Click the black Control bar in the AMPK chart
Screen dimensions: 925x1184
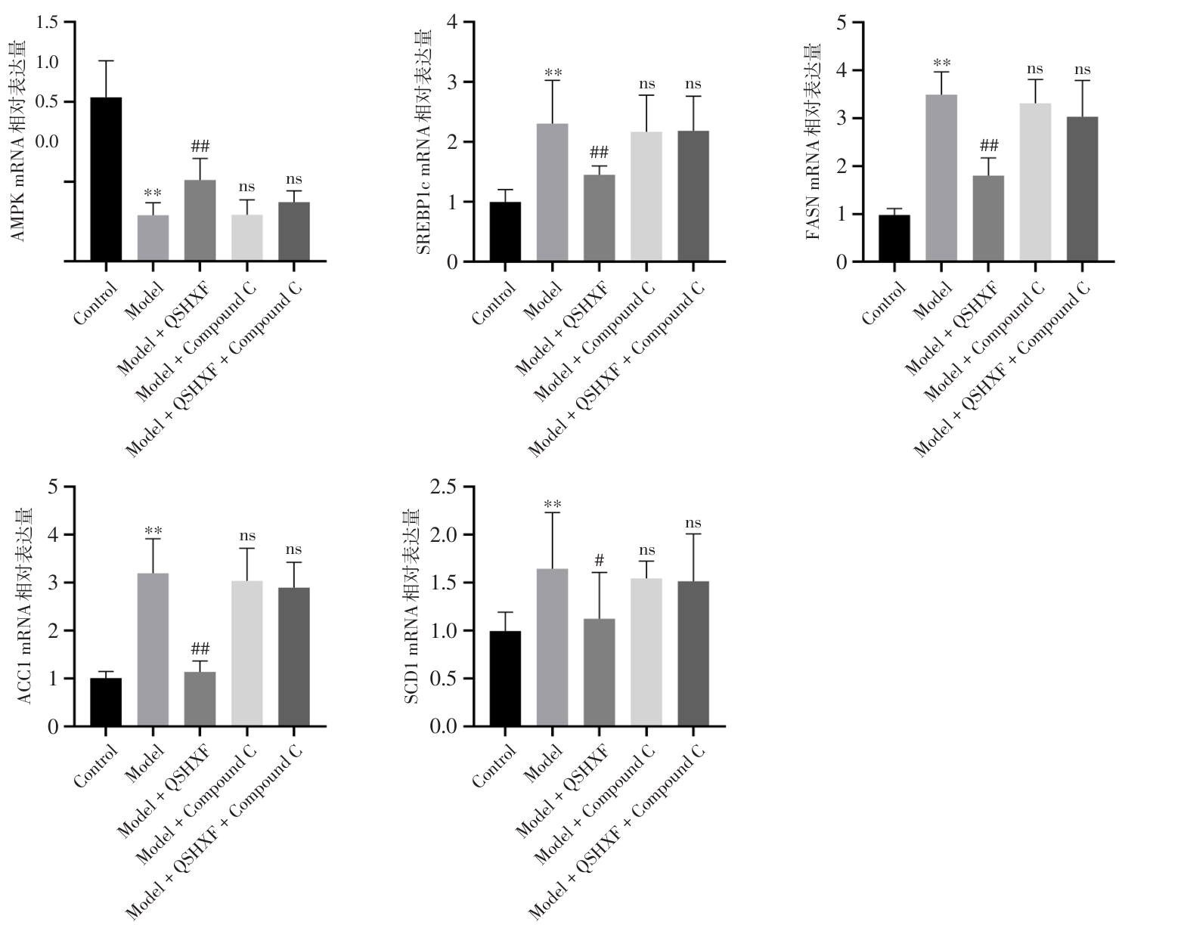pyautogui.click(x=106, y=179)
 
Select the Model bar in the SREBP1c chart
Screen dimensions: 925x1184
pyautogui.click(x=552, y=193)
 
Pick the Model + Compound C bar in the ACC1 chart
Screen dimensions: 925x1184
pyautogui.click(x=247, y=654)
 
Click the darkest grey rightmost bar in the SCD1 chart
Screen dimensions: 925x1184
pyautogui.click(x=693, y=654)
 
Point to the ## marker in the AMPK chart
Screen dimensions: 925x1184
pyautogui.click(x=200, y=146)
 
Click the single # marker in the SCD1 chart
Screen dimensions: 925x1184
pyautogui.click(x=600, y=560)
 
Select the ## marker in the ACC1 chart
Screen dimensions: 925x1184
pyautogui.click(x=200, y=649)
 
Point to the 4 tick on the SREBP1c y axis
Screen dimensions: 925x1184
pyautogui.click(x=451, y=22)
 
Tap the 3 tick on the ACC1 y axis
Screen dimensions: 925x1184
pyautogui.click(x=53, y=583)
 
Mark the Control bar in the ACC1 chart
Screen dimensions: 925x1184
pyautogui.click(x=106, y=702)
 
